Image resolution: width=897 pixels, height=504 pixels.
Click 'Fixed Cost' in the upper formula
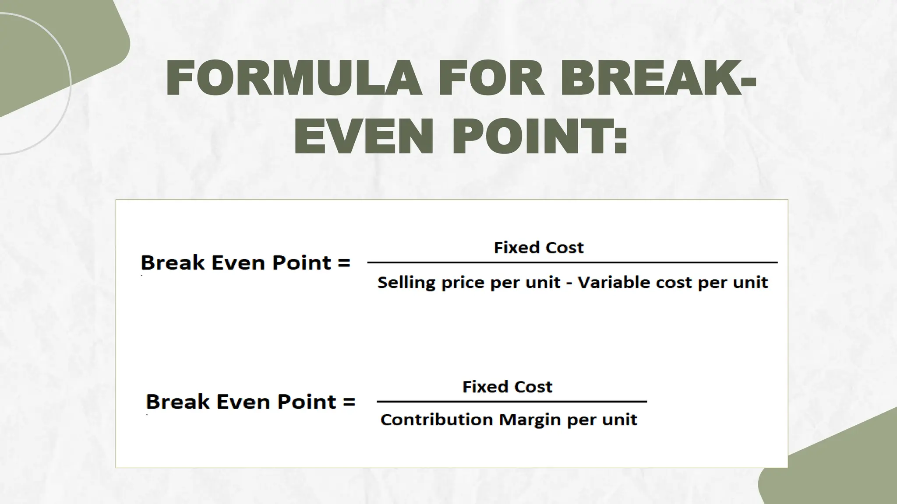(x=538, y=248)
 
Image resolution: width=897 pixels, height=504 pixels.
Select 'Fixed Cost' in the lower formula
(x=507, y=387)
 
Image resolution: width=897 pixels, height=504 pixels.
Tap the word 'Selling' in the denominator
(x=406, y=283)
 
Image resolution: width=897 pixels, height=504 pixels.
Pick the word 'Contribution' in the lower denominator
(x=437, y=420)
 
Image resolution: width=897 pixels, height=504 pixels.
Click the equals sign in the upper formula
(x=344, y=262)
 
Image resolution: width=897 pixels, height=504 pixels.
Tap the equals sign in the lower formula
(x=349, y=402)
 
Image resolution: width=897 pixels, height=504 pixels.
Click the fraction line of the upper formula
(x=572, y=262)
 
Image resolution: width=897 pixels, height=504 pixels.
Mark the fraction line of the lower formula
(x=512, y=401)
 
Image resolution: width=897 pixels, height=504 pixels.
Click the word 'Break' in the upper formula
(x=173, y=262)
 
